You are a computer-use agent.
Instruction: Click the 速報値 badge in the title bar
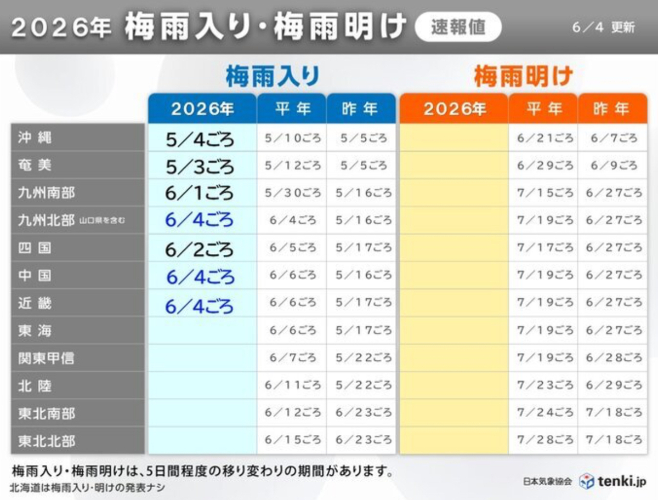tap(458, 27)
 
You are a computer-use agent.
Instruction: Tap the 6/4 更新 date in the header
tap(604, 28)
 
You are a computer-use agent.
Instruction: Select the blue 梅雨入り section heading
tap(273, 76)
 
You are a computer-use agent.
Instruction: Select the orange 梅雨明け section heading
tap(524, 76)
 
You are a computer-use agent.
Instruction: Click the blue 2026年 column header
tap(202, 109)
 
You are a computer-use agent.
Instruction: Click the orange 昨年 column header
tap(612, 109)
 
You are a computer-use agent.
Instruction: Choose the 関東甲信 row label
tap(46, 358)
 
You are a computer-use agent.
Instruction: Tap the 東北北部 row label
tap(47, 441)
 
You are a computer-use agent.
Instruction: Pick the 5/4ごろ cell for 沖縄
tap(200, 140)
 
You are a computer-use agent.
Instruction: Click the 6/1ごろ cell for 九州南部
tap(199, 193)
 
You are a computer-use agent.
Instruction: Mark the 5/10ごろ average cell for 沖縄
tap(293, 138)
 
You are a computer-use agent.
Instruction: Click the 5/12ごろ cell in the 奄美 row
tap(293, 166)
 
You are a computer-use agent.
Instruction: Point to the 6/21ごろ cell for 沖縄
tap(545, 138)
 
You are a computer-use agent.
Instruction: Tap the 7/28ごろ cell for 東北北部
tap(545, 440)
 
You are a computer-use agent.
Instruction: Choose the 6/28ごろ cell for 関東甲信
tap(614, 357)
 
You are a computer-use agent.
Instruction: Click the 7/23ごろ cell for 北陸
tap(545, 385)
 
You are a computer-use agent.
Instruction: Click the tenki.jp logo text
tap(622, 482)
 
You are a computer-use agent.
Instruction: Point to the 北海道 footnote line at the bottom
tap(87, 488)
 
